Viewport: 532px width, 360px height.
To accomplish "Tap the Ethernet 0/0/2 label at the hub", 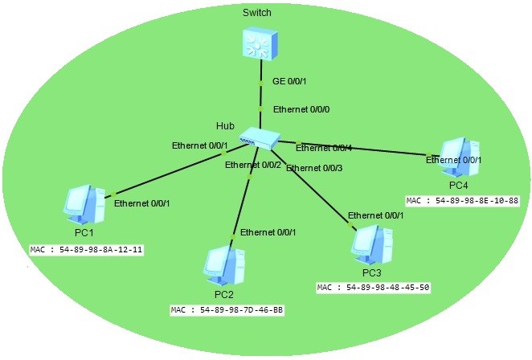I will click(x=253, y=165).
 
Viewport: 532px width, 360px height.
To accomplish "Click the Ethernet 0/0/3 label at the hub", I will click(x=314, y=168).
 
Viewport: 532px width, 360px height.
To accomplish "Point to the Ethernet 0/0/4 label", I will click(x=324, y=147).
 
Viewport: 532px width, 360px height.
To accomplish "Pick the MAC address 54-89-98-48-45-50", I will click(x=374, y=288).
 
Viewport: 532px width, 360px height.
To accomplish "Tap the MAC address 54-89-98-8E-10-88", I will click(x=462, y=200).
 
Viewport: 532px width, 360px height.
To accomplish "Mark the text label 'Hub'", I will click(x=224, y=126).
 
